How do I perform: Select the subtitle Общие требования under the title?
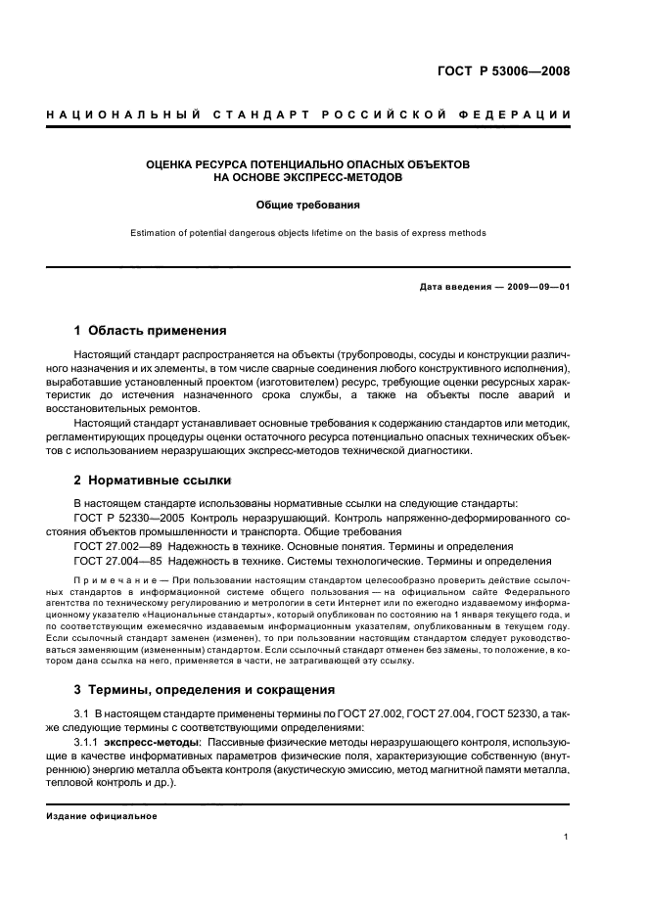pos(308,206)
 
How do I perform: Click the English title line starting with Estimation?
pos(308,233)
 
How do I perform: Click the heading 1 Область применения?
pos(150,331)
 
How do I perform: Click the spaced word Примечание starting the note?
pos(116,580)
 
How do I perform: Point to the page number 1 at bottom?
pos(568,838)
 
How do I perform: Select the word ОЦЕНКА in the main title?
pos(170,164)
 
